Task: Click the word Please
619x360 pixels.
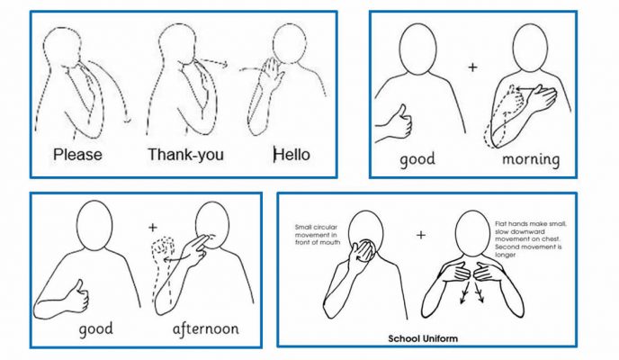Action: pyautogui.click(x=77, y=155)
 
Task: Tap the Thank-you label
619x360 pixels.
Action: pyautogui.click(x=187, y=155)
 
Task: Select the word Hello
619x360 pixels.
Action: pyautogui.click(x=292, y=154)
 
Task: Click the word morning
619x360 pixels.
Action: pyautogui.click(x=530, y=159)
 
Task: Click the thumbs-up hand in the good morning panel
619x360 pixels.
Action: pyautogui.click(x=392, y=121)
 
